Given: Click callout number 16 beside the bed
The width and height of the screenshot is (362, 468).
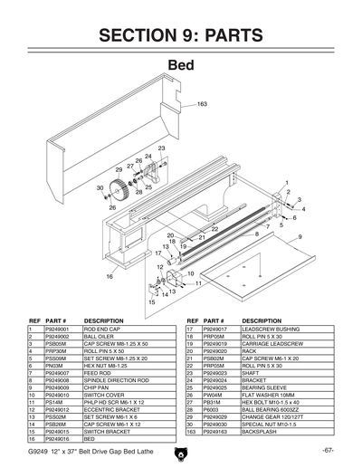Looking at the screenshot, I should coord(110,275).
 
